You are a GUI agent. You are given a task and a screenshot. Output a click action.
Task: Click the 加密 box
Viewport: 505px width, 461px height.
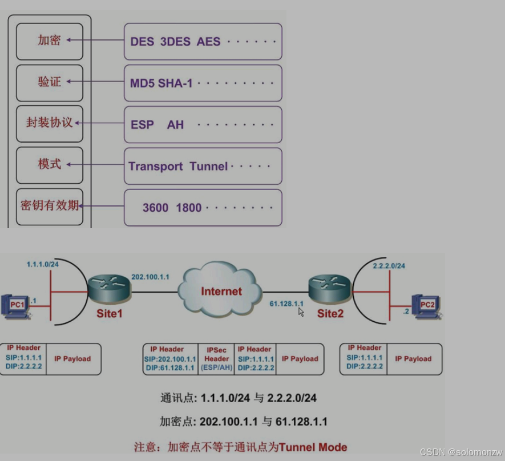[x=50, y=41]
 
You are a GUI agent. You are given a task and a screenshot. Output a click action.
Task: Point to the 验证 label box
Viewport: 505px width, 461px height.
[x=50, y=82]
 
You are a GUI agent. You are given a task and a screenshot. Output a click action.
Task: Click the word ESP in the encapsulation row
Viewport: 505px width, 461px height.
[x=142, y=124]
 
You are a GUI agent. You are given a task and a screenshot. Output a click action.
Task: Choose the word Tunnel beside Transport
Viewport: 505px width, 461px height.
[x=208, y=166]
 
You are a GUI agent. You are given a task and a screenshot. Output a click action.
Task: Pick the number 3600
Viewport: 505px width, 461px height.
[x=155, y=208]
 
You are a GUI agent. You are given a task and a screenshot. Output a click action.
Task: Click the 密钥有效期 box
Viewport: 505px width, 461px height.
[x=50, y=206]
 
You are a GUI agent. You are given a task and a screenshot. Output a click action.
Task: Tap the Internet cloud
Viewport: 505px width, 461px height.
[x=221, y=290]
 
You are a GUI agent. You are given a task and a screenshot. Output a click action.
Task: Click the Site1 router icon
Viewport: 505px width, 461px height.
[x=110, y=289]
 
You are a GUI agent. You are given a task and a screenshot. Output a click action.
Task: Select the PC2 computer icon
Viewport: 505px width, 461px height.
[x=426, y=306]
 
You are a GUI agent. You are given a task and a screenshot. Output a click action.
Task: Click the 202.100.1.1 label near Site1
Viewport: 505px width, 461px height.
[x=150, y=277]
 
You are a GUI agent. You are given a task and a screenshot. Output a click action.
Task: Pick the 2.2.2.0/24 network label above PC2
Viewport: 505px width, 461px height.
[x=389, y=266]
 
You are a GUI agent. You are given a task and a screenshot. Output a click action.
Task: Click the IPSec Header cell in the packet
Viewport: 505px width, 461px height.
[x=217, y=359]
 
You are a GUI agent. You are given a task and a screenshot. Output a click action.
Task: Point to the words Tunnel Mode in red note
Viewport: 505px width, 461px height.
[x=313, y=447]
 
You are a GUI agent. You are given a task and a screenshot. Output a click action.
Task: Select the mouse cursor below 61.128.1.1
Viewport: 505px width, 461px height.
[x=301, y=312]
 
